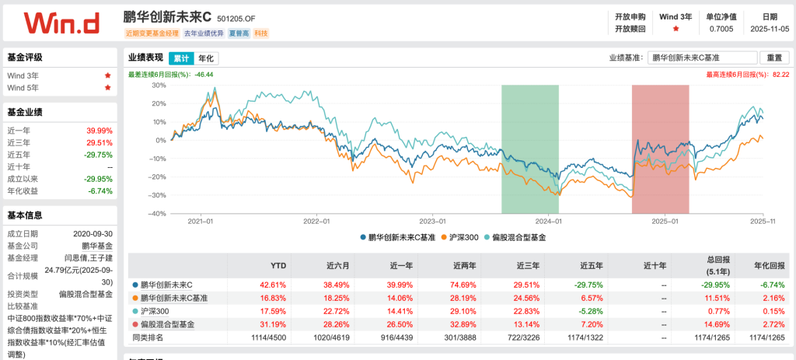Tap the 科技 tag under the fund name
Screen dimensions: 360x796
tap(260, 33)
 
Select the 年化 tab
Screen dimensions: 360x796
tap(206, 58)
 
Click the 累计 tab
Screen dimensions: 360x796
tap(180, 58)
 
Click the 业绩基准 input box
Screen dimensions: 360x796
tap(703, 58)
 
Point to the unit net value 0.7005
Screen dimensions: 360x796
tap(721, 29)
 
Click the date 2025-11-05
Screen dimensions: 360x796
tap(769, 29)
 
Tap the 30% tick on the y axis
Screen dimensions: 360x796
tap(159, 85)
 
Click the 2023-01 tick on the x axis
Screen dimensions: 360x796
tap(432, 221)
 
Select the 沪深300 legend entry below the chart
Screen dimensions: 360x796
tap(459, 236)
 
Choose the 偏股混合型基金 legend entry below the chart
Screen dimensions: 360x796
tap(515, 236)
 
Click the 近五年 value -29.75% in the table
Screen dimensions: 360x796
tap(592, 285)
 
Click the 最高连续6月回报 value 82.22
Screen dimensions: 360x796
tap(780, 74)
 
